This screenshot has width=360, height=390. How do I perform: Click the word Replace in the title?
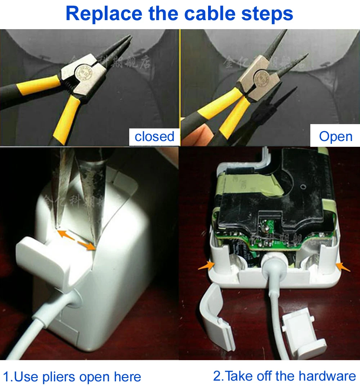pos(104,14)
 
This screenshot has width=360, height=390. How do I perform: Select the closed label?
pos(154,137)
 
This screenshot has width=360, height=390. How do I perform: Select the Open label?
pos(336,137)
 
